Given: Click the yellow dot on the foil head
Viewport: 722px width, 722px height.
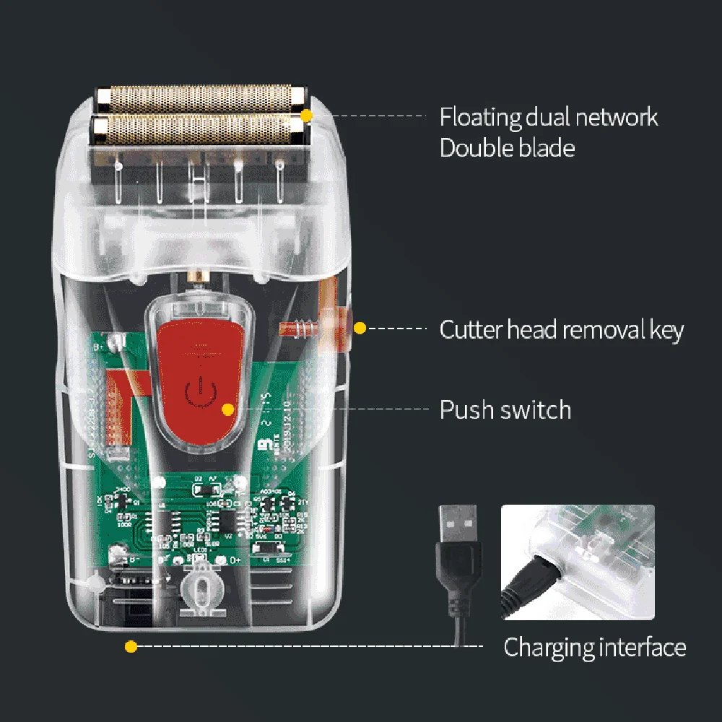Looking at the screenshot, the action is [x=307, y=116].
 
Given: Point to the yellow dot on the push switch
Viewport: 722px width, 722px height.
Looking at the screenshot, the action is [x=228, y=409].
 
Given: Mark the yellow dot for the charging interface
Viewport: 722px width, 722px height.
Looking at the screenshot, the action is [x=131, y=647].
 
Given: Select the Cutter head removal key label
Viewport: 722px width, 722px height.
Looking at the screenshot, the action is [x=561, y=330].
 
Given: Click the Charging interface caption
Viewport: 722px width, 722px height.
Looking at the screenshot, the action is [x=594, y=647].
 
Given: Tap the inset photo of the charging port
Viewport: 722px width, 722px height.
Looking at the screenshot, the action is [x=578, y=562].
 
